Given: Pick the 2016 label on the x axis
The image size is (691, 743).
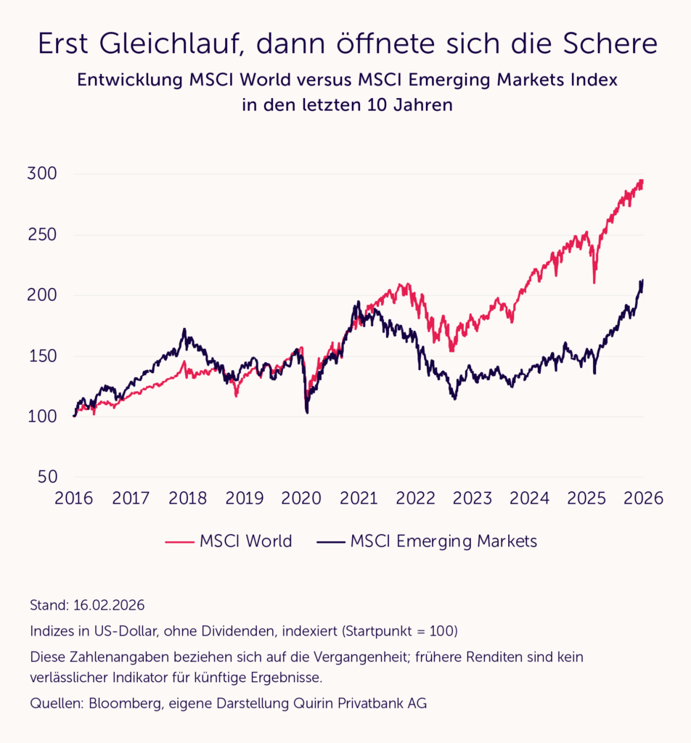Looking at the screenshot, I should coord(73,498).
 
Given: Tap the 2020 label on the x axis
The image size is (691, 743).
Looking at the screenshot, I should coord(301,498).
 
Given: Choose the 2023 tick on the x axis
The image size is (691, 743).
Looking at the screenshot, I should coord(472,498).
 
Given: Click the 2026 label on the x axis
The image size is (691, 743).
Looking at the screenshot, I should coord(643,498).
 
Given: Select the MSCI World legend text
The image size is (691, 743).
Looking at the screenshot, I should coord(245,541).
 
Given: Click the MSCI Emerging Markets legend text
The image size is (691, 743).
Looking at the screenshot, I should coord(443,541).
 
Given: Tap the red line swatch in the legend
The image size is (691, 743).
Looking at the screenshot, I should coord(179,542).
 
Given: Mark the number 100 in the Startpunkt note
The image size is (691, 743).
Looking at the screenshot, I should coord(436,631).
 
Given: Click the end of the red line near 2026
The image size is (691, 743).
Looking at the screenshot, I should coord(642,181).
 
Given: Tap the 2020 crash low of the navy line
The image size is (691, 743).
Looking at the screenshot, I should coord(307,412).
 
